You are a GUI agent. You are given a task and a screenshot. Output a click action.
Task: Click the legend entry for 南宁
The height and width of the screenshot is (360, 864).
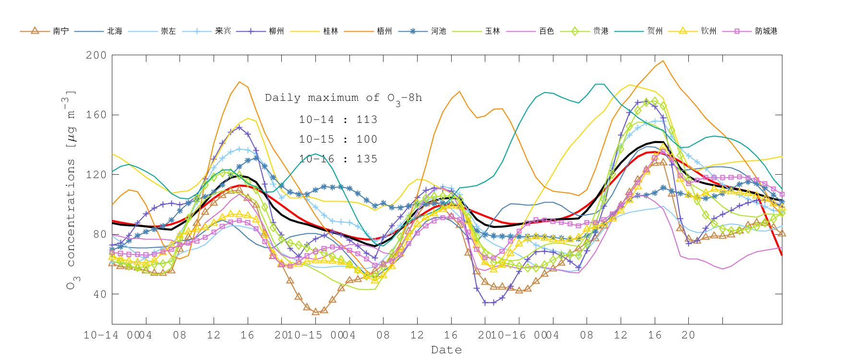tap(60, 31)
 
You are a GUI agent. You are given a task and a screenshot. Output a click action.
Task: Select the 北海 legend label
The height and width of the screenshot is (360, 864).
tap(115, 31)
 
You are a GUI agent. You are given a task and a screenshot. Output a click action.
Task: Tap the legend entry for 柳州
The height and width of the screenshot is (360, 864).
tap(276, 31)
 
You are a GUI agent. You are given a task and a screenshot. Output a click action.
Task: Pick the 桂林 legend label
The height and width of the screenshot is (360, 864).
tap(331, 31)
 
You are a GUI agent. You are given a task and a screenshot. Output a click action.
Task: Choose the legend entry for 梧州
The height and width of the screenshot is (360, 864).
tap(384, 31)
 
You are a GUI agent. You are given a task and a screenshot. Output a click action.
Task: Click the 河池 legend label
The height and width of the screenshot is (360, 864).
tap(439, 31)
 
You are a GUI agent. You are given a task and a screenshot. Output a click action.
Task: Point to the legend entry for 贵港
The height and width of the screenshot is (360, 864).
tap(600, 31)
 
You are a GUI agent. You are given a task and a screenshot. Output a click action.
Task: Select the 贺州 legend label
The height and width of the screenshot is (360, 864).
tap(655, 31)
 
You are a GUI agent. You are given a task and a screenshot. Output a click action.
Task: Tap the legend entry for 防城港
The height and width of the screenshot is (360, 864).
tap(766, 31)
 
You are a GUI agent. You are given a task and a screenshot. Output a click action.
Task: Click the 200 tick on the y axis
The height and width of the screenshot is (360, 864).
tap(96, 55)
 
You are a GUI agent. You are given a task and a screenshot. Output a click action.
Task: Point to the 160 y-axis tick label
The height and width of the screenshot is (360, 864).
tap(96, 115)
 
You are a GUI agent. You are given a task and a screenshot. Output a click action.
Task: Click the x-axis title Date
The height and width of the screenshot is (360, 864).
tap(446, 350)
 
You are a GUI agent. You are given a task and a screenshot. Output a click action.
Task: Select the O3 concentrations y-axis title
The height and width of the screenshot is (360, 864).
tap(71, 190)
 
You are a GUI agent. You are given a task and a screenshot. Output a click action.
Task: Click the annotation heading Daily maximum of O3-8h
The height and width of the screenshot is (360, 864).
tap(343, 98)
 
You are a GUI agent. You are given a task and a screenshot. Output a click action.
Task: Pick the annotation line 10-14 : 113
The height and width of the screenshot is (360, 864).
tap(338, 120)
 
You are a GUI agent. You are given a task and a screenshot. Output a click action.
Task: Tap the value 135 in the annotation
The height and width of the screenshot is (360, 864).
tap(367, 159)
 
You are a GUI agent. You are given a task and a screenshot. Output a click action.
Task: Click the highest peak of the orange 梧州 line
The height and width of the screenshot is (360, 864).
tap(663, 60)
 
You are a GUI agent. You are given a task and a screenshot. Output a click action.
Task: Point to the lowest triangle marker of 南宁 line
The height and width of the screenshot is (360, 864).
tap(315, 312)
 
